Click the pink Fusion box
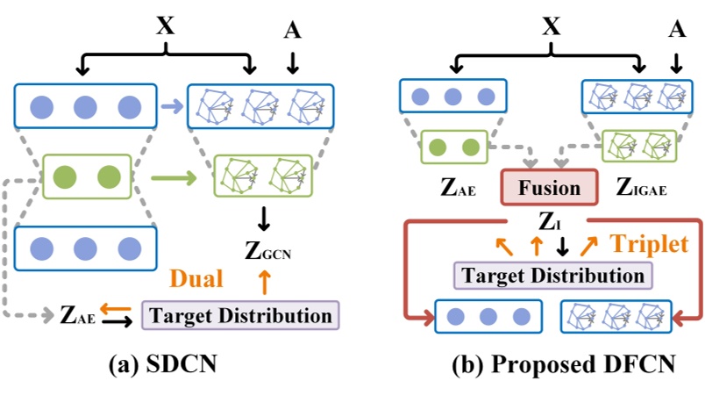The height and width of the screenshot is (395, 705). [550, 188]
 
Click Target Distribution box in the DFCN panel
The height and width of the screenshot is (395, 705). [552, 275]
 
